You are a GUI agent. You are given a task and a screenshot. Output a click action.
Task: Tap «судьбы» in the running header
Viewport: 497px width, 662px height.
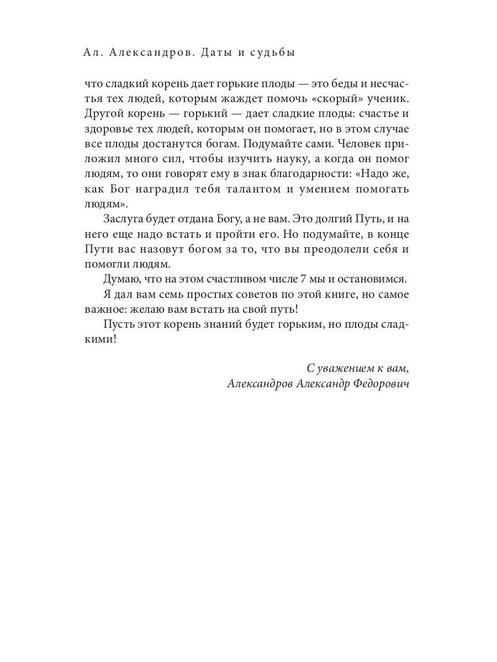tap(273, 53)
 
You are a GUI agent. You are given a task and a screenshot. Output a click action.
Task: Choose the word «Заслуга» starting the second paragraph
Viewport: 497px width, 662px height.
tap(125, 218)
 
